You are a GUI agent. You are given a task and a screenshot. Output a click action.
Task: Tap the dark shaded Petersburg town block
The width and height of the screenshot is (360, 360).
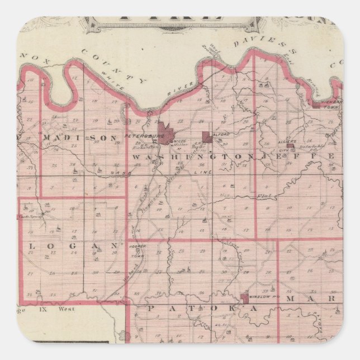pos(166,134)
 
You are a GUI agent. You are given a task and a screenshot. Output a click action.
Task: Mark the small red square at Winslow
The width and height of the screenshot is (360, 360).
pos(244,297)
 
